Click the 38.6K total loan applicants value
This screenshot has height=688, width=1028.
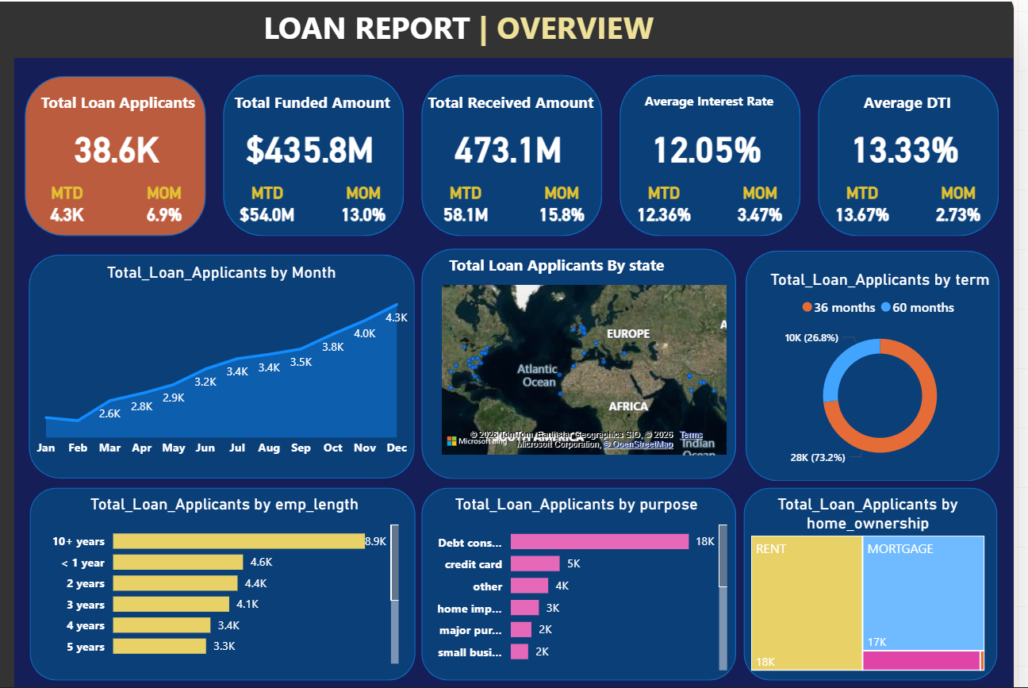click(x=117, y=150)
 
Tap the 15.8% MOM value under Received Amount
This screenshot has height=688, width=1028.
click(x=562, y=214)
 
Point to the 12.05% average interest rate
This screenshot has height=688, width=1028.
click(x=708, y=150)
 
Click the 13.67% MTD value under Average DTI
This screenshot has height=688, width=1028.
click(x=861, y=214)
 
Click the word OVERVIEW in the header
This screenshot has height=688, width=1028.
click(x=575, y=29)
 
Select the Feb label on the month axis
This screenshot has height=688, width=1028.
click(x=78, y=448)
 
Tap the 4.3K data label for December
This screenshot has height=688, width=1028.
click(x=396, y=317)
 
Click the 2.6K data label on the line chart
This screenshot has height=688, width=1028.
click(x=109, y=413)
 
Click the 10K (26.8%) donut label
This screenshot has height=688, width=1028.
click(x=811, y=338)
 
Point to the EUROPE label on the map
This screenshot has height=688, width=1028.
click(x=628, y=333)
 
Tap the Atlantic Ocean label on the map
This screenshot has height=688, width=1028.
click(x=539, y=375)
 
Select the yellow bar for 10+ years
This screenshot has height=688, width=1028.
click(x=238, y=541)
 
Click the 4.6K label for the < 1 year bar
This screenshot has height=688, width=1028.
click(x=261, y=562)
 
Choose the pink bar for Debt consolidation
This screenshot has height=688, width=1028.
click(x=599, y=542)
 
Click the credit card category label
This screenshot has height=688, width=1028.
click(x=473, y=564)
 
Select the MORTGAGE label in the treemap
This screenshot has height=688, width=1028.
click(x=899, y=548)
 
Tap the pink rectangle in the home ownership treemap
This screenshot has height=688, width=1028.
click(x=920, y=660)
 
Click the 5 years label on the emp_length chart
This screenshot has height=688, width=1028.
click(x=86, y=647)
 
